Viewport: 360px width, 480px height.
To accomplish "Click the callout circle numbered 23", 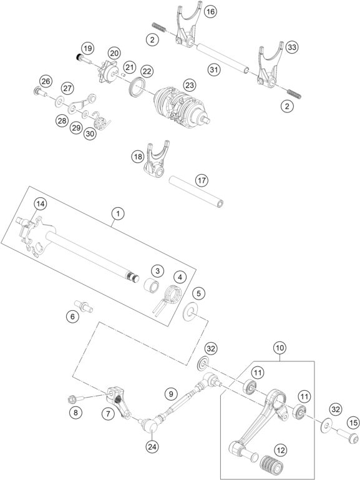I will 188,84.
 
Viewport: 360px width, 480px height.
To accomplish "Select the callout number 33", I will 293,47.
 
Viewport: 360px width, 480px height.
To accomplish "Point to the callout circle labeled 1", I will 116,214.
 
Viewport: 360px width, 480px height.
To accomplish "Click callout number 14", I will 40,204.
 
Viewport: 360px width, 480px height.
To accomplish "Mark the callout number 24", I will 151,446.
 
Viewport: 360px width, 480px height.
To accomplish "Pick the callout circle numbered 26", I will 46,81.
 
